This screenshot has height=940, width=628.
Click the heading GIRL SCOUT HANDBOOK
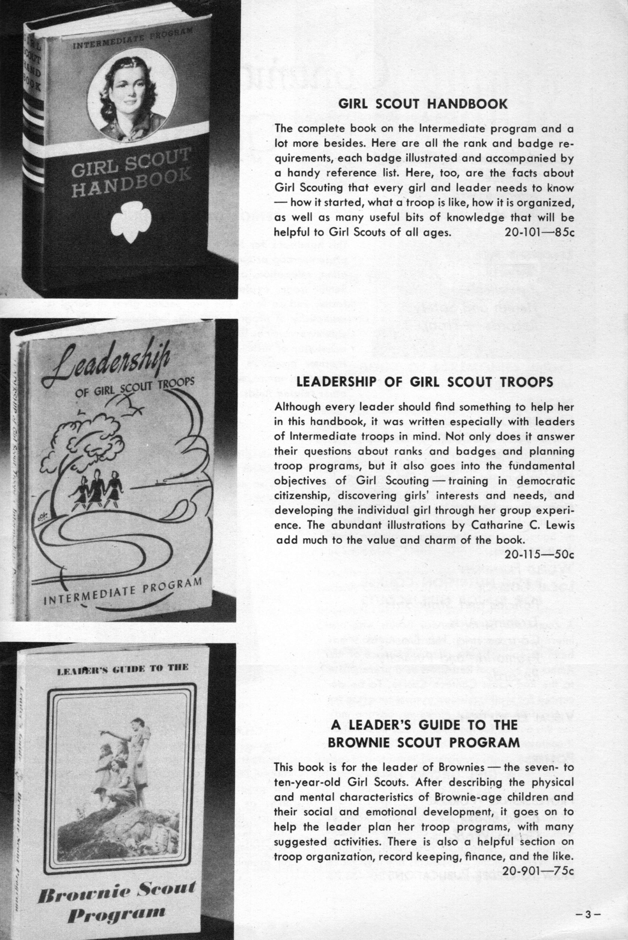tap(423, 104)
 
